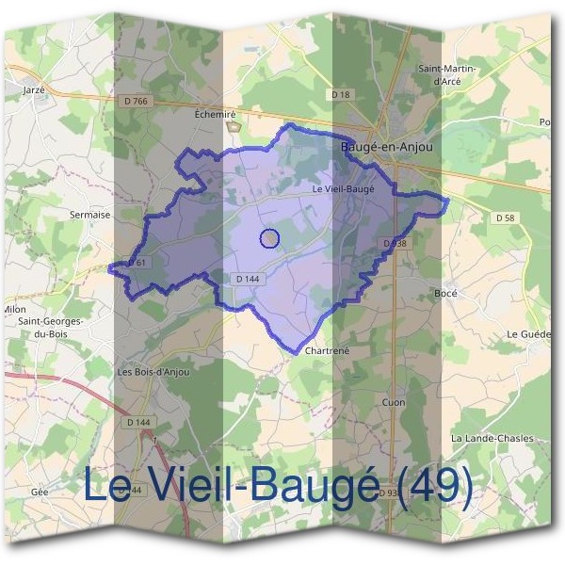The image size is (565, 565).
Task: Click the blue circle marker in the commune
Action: point(269,239)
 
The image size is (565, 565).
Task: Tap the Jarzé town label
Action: point(33,90)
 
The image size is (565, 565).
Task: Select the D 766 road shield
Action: point(135,102)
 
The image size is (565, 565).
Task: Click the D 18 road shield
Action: point(340,95)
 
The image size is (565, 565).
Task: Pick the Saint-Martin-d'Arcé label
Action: point(447,74)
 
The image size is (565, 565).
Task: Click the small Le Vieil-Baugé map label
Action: point(343,188)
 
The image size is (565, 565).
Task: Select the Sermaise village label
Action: point(90,215)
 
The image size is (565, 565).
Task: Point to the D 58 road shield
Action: point(506,218)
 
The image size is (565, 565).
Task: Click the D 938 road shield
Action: point(395,243)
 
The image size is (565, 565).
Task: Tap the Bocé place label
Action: point(445,294)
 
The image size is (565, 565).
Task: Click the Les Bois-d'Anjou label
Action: point(153,372)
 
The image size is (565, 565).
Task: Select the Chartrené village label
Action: point(329,350)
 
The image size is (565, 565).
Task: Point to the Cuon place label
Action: point(394,402)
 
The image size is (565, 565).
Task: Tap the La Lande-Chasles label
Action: point(492,438)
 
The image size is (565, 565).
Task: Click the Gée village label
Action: point(40,492)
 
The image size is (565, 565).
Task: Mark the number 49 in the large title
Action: point(434,486)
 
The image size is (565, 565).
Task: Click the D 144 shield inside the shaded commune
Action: point(248,279)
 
